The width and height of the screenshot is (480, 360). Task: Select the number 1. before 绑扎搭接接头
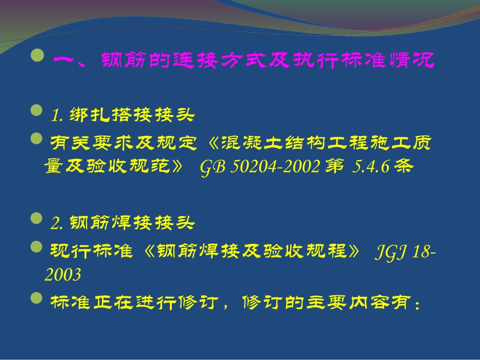pyautogui.click(x=57, y=116)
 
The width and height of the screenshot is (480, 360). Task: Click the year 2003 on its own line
pyautogui.click(x=63, y=275)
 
